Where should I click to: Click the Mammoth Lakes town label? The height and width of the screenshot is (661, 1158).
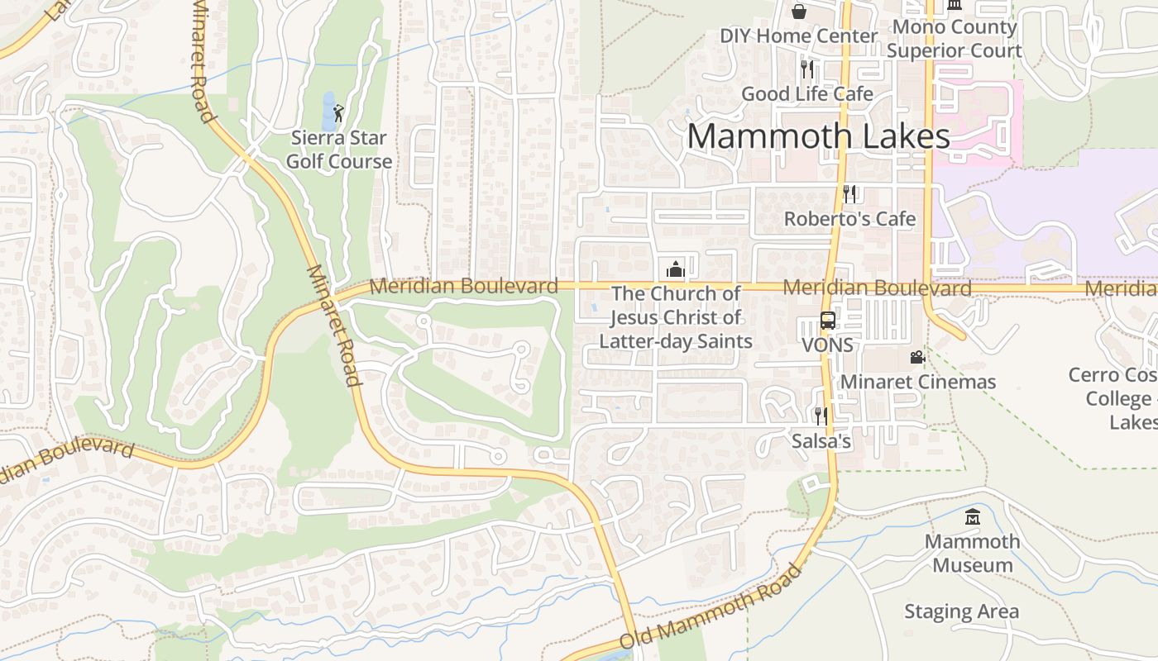pyautogui.click(x=818, y=136)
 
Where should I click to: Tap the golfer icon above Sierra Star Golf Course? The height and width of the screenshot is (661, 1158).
pyautogui.click(x=337, y=113)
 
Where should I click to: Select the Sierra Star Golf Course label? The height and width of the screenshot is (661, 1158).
pyautogui.click(x=339, y=150)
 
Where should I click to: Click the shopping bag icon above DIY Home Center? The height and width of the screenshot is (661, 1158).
pyautogui.click(x=799, y=12)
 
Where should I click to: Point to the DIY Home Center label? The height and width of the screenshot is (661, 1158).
pyautogui.click(x=798, y=36)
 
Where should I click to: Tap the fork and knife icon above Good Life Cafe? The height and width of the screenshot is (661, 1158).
pyautogui.click(x=807, y=69)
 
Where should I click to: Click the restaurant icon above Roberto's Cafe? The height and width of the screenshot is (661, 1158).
pyautogui.click(x=849, y=194)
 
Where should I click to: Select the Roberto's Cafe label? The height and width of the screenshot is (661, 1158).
pyautogui.click(x=849, y=219)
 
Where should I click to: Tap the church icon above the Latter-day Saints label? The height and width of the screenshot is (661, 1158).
pyautogui.click(x=676, y=269)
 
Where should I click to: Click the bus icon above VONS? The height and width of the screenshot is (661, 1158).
pyautogui.click(x=827, y=321)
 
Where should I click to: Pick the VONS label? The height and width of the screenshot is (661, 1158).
pyautogui.click(x=827, y=345)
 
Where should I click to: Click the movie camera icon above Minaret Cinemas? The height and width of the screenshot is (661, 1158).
pyautogui.click(x=917, y=357)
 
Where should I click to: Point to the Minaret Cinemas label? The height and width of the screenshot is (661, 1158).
pyautogui.click(x=918, y=382)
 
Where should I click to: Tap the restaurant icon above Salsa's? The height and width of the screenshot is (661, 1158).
pyautogui.click(x=821, y=416)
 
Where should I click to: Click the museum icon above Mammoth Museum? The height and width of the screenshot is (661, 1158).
pyautogui.click(x=973, y=518)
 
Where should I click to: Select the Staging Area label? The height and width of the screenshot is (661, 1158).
pyautogui.click(x=961, y=611)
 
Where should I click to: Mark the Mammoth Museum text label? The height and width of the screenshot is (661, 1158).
pyautogui.click(x=973, y=554)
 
